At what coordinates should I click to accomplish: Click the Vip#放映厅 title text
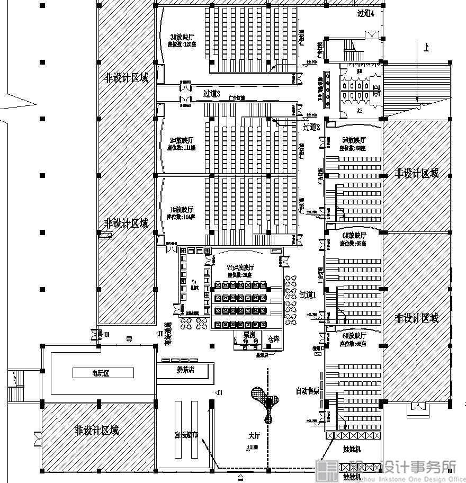tap(240, 268)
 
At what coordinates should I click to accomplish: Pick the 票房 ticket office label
tap(249, 335)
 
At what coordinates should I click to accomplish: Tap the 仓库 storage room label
tap(273, 339)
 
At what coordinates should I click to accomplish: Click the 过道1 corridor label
tap(307, 295)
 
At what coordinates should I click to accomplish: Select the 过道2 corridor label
tap(311, 127)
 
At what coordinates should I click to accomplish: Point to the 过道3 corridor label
tap(211, 94)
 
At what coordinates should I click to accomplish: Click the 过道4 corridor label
tap(366, 14)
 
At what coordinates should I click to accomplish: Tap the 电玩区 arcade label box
tap(103, 373)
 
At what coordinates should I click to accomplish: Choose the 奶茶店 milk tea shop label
tap(185, 370)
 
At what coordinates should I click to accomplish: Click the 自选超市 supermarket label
tap(186, 435)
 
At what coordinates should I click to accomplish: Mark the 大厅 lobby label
tap(254, 436)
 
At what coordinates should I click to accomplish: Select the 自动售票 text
tap(307, 391)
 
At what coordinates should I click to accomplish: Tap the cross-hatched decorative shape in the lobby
tap(265, 400)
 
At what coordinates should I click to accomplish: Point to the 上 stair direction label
tap(426, 48)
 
